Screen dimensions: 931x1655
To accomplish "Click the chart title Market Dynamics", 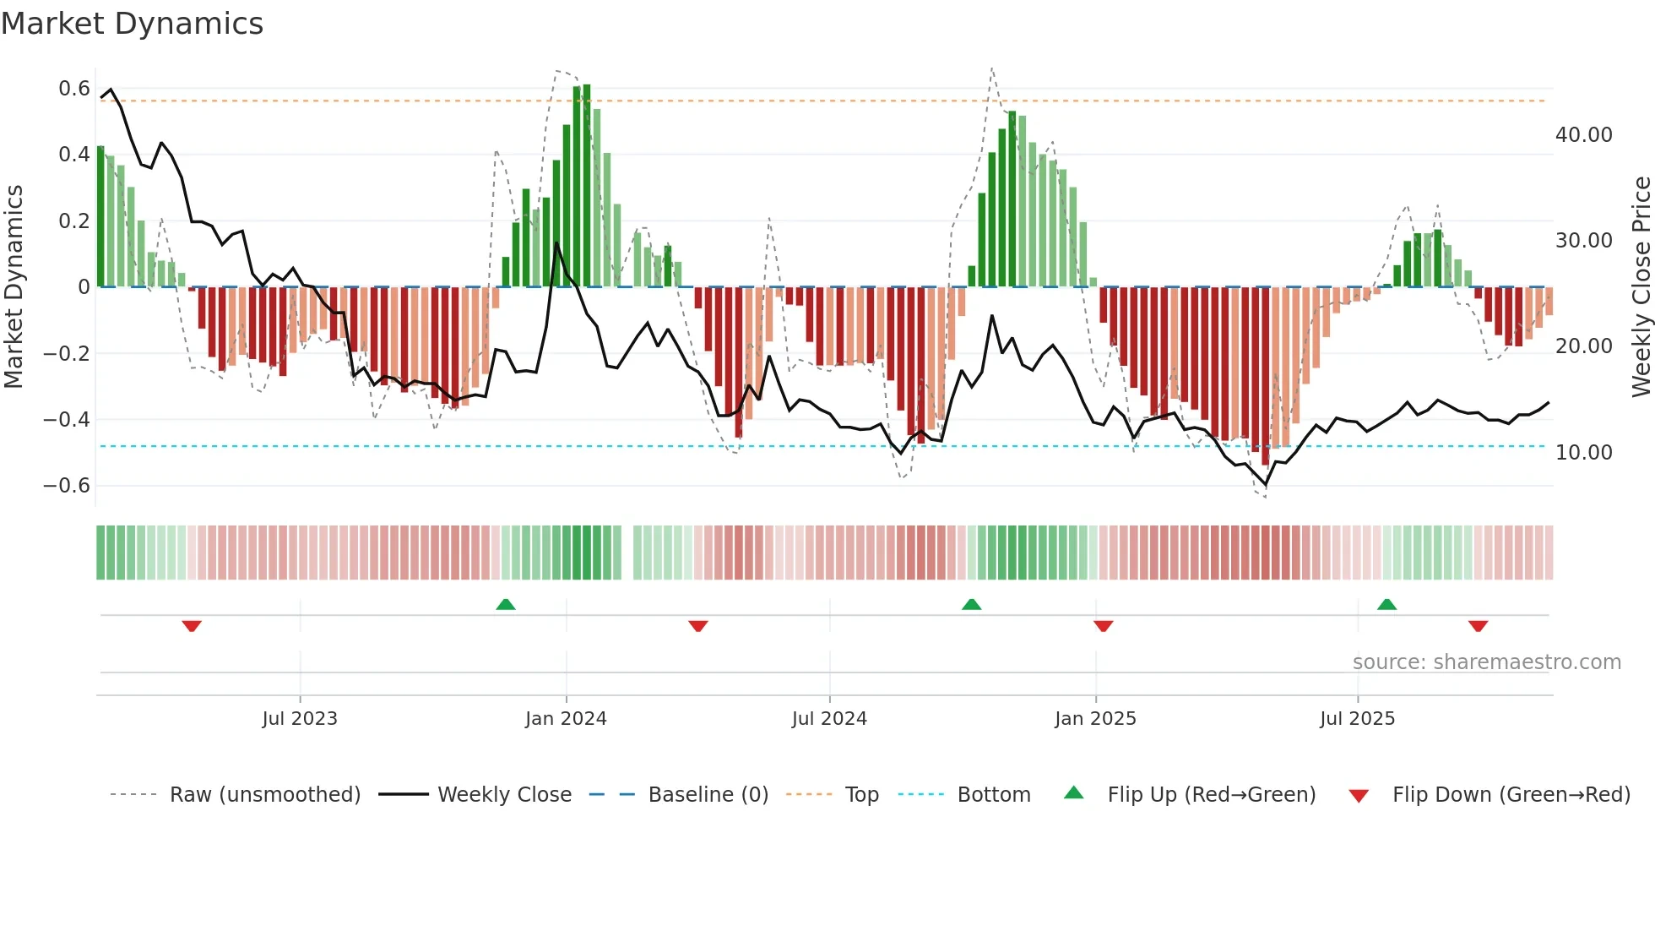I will click(132, 24).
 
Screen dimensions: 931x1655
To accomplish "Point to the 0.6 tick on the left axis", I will click(74, 89).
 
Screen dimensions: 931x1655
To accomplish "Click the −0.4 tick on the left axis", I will click(67, 420).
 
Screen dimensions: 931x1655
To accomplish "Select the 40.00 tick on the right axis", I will click(1583, 135).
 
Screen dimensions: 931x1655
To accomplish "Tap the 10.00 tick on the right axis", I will click(1583, 453).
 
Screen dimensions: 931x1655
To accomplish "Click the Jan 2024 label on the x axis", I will click(566, 719).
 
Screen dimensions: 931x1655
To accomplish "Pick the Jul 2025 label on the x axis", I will click(1357, 719).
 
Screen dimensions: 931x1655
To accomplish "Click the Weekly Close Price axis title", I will click(1641, 286).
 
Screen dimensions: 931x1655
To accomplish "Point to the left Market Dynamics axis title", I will click(14, 286).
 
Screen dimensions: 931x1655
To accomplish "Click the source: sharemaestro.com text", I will click(1486, 662).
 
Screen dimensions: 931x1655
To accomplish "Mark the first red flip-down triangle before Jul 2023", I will click(192, 626).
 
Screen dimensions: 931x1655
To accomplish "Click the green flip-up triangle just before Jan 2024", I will click(505, 604).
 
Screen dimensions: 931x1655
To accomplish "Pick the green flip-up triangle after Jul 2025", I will click(1386, 604).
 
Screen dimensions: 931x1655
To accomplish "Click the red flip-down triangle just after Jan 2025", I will click(1103, 626).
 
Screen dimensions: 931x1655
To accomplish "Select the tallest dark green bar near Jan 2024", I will click(587, 186).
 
